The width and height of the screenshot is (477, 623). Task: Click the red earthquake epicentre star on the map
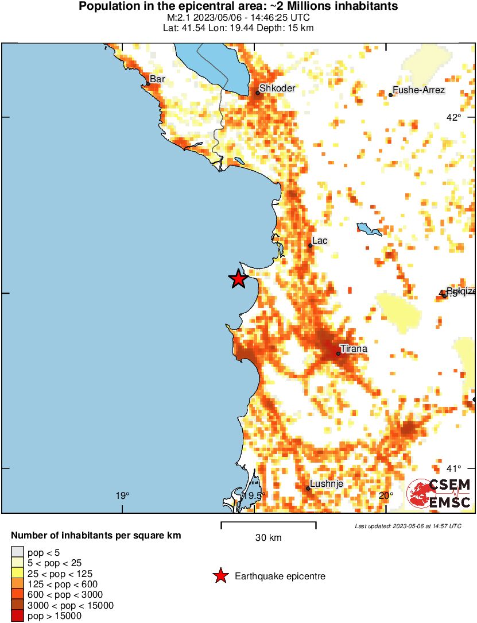click(238, 279)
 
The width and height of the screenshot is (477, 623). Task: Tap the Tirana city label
click(354, 348)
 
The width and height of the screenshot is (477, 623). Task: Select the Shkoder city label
click(277, 88)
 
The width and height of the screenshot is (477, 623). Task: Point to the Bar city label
click(157, 79)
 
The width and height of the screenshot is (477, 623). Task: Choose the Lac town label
click(320, 240)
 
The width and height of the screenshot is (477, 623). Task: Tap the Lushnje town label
click(327, 484)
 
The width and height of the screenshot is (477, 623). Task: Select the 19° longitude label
click(122, 496)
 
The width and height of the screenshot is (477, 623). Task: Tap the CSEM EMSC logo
click(439, 494)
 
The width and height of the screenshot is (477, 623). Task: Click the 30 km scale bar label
click(268, 538)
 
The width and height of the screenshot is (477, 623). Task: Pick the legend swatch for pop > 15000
click(17, 616)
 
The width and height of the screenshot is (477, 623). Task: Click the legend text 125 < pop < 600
click(64, 584)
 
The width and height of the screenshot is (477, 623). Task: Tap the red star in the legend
click(220, 576)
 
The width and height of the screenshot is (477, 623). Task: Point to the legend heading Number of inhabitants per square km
click(96, 536)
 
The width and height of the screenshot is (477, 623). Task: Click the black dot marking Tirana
click(339, 353)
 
